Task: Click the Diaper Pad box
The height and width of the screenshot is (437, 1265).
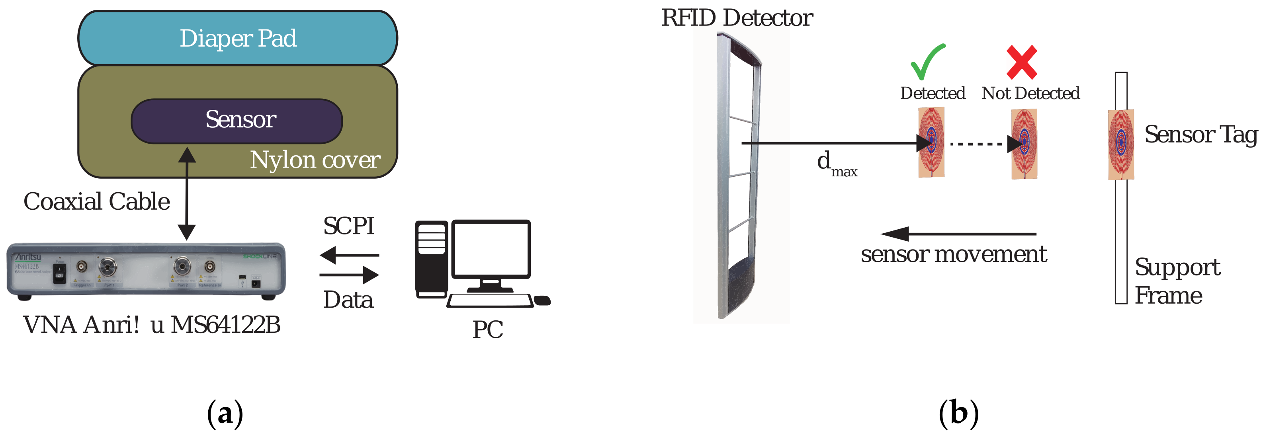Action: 238,38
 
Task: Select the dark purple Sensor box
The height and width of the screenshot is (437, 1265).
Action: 237,121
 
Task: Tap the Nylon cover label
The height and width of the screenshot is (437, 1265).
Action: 315,160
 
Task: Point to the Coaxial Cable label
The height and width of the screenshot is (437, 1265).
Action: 97,202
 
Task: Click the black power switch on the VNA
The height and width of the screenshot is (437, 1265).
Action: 59,274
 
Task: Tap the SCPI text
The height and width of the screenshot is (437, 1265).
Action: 349,226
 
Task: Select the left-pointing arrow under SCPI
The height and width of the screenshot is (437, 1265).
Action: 349,255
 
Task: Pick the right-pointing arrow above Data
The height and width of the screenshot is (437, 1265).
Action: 349,275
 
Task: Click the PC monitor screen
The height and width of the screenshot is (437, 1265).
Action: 491,248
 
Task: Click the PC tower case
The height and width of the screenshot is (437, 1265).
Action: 431,259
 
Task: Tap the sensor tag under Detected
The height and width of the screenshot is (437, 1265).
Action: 931,142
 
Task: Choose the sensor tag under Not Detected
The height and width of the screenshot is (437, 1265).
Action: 1025,143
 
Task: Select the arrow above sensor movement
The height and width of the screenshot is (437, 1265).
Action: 958,234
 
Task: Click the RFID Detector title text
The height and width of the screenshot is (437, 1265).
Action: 737,18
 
